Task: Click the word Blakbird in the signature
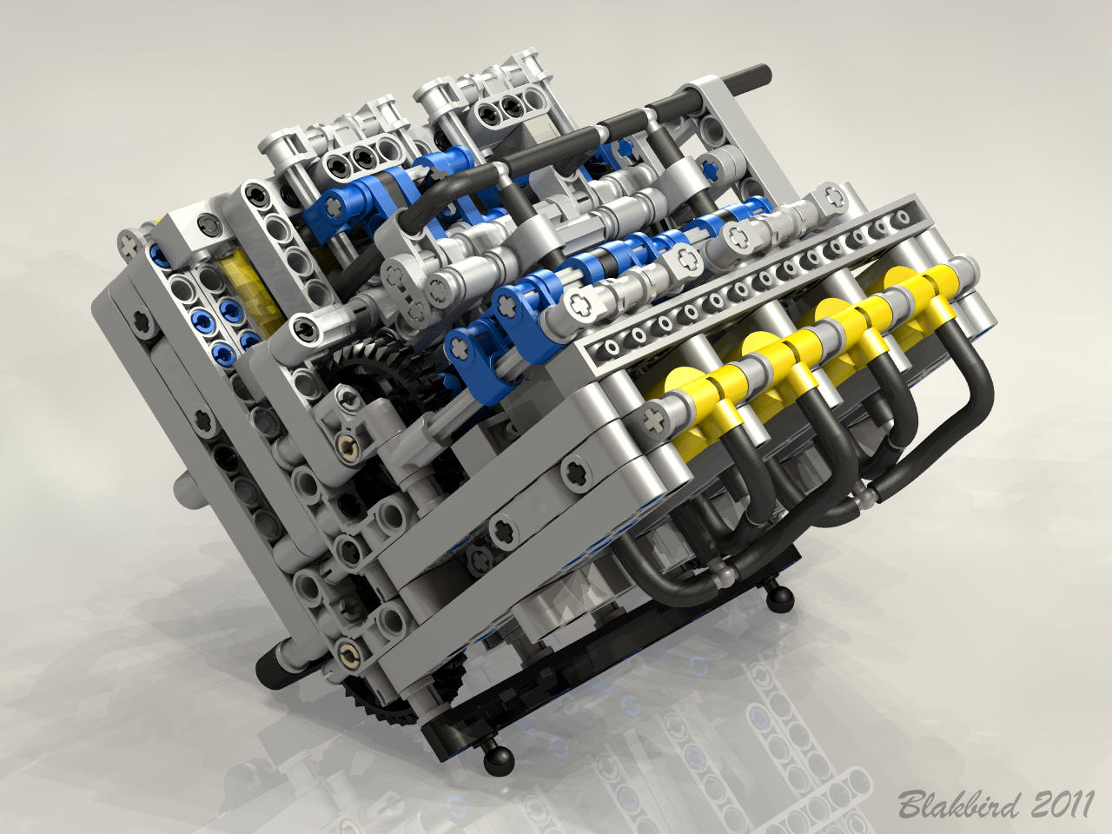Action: tap(958, 804)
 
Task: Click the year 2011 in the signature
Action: tap(1061, 802)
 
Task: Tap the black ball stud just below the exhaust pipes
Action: tap(776, 597)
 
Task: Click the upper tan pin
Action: tap(349, 447)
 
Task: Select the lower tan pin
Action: tap(350, 655)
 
